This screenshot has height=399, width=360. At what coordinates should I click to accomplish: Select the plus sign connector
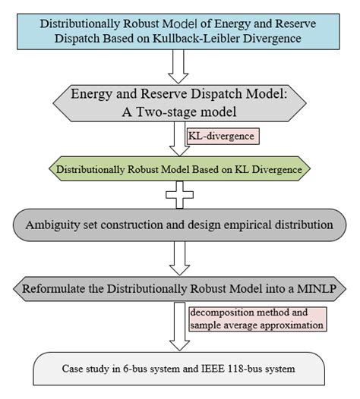179,195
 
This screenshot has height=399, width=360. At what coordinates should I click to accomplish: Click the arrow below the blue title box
179,69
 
